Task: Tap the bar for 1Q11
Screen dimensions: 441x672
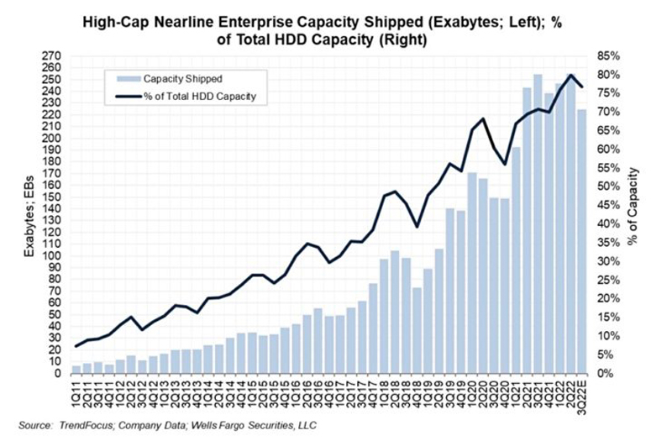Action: [76, 370]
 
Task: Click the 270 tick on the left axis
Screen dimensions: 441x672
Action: [51, 56]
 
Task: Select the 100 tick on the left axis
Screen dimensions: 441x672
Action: [51, 256]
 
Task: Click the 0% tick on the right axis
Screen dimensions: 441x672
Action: [606, 374]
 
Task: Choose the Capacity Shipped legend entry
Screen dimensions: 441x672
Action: [186, 78]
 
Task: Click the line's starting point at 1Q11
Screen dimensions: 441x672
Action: [76, 346]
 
